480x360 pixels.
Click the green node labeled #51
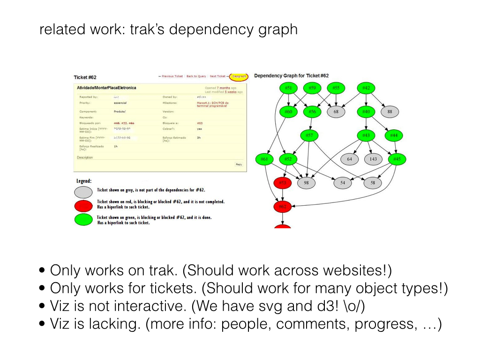click(289, 88)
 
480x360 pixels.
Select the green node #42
click(366, 88)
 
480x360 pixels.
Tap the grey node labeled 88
click(390, 112)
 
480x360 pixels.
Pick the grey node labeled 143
click(373, 159)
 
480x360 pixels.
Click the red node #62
click(283, 206)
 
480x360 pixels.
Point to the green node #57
click(309, 135)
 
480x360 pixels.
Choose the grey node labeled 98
click(306, 183)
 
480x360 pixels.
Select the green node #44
click(394, 135)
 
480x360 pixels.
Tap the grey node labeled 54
click(343, 183)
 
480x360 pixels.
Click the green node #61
click(264, 159)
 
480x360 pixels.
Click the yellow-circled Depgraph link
click(239, 76)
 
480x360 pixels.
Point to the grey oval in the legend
click(83, 192)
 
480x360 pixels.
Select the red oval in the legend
click(83, 206)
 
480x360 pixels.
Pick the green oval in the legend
click(83, 219)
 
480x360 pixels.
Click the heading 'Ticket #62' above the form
click(85, 77)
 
